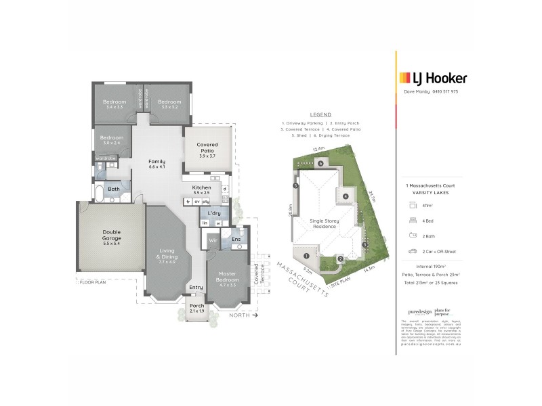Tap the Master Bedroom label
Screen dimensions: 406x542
coord(223,278)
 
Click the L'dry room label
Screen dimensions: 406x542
coord(214,214)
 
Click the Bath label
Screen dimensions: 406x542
coord(114,189)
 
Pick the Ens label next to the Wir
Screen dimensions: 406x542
coord(236,239)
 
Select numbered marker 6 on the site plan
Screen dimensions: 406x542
coord(320,163)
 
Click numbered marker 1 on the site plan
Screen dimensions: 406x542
coord(306,256)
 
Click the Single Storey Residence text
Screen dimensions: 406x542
coord(324,224)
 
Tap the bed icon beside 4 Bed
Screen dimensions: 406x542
coord(411,220)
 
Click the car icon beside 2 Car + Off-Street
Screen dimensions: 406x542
coord(411,251)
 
